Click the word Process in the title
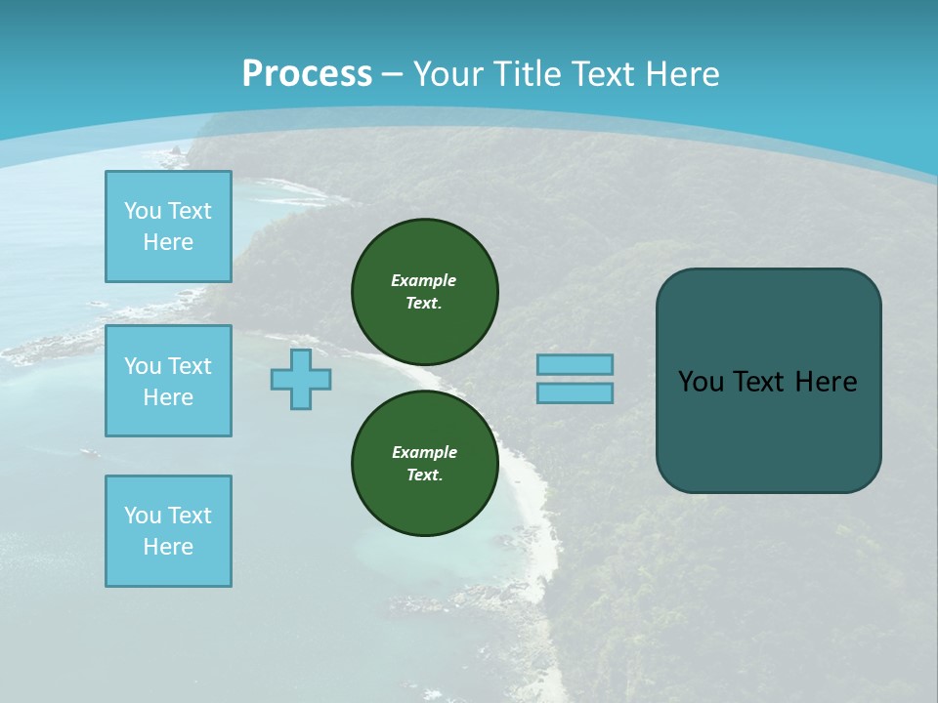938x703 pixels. pyautogui.click(x=307, y=73)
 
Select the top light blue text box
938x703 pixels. pyautogui.click(x=168, y=227)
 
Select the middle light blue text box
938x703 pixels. pyautogui.click(x=168, y=381)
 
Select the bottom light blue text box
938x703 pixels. pyautogui.click(x=168, y=531)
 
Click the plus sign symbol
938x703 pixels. pyautogui.click(x=301, y=379)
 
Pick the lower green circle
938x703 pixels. pyautogui.click(x=425, y=463)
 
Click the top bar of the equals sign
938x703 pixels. pyautogui.click(x=575, y=364)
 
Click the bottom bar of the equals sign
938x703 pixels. pyautogui.click(x=575, y=393)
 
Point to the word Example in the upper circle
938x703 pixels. pyautogui.click(x=424, y=280)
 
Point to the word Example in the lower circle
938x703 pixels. pyautogui.click(x=424, y=452)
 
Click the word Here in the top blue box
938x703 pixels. pyautogui.click(x=168, y=242)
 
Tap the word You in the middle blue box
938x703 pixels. pyautogui.click(x=142, y=366)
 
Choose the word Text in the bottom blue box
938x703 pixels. pyautogui.click(x=190, y=516)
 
